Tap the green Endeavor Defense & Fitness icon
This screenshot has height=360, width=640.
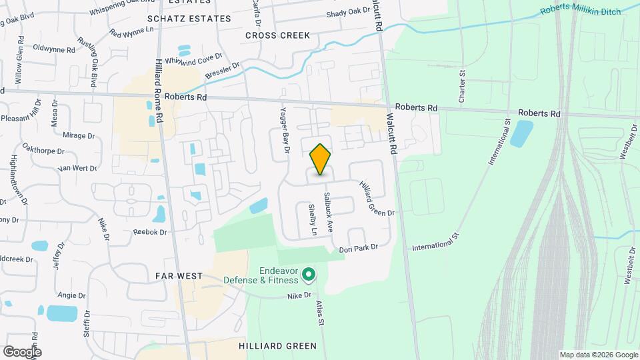coord(309,274)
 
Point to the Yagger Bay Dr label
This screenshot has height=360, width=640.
coord(282,131)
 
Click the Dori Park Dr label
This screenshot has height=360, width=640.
coord(359,247)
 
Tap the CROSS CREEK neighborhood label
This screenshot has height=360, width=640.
coord(277,35)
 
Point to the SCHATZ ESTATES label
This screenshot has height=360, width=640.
coord(189,19)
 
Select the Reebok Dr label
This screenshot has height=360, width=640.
coord(149,232)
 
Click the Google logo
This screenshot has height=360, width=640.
coord(22,351)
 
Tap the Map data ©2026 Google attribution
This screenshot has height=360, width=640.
coord(598,355)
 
